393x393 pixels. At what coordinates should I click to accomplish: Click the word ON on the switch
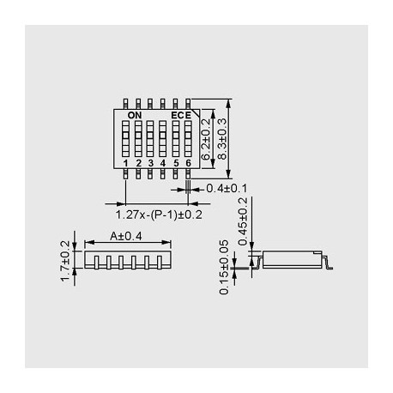(134, 114)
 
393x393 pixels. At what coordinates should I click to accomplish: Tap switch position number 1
(126, 162)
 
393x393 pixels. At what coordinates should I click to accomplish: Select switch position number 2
(138, 162)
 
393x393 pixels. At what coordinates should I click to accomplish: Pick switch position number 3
(150, 162)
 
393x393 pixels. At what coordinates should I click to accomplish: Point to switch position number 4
(163, 162)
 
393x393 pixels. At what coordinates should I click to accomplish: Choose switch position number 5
(175, 162)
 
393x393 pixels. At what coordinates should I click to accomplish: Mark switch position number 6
(187, 162)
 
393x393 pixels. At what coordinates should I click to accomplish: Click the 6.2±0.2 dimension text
(207, 140)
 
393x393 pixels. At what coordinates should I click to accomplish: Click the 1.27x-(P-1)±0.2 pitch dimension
(158, 215)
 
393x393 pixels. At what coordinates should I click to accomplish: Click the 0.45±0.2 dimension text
(242, 220)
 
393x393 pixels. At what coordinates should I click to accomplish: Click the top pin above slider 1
(126, 101)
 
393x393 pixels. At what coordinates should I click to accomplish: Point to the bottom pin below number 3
(150, 173)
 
